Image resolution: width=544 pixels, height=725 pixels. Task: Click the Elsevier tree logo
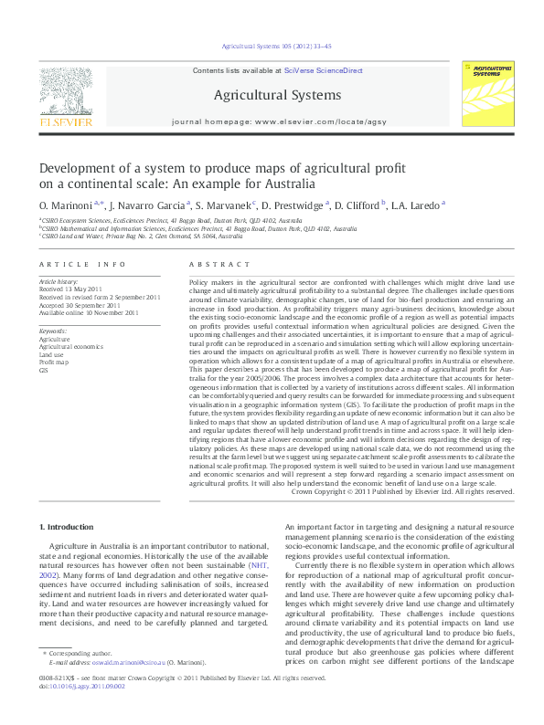(x=63, y=92)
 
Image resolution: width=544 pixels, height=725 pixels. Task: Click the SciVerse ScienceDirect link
(x=323, y=70)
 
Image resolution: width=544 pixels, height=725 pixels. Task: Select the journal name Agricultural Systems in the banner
(x=277, y=95)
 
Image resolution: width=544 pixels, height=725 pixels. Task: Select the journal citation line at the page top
(x=272, y=46)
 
